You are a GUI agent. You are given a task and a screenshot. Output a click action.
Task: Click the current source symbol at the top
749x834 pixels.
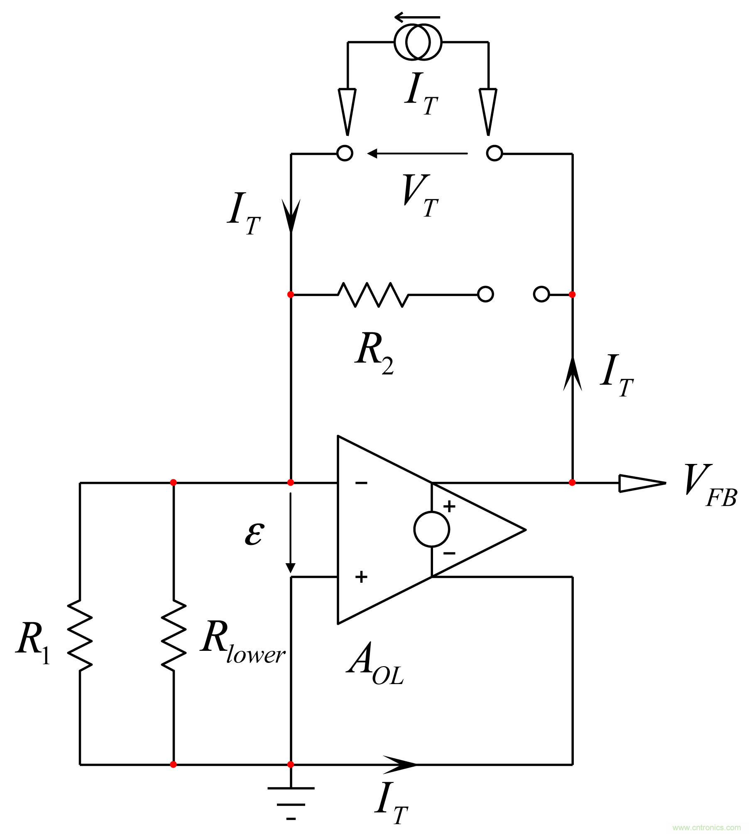(x=418, y=42)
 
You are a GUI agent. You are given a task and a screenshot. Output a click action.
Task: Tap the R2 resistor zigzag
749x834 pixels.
(x=373, y=294)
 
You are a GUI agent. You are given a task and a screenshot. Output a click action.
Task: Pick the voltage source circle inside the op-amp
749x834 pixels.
(x=432, y=529)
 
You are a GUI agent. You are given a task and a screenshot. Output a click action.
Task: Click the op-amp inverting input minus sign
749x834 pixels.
(x=361, y=483)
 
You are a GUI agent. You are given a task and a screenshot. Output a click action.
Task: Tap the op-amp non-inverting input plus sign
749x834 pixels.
(x=361, y=577)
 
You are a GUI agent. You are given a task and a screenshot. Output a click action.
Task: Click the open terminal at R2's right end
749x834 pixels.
(x=485, y=294)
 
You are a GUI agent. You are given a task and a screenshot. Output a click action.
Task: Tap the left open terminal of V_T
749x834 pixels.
(x=345, y=153)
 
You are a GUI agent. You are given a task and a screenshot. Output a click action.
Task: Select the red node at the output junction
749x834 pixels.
(x=572, y=483)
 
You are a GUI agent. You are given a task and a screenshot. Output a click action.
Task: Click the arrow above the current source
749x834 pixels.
(x=417, y=17)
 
